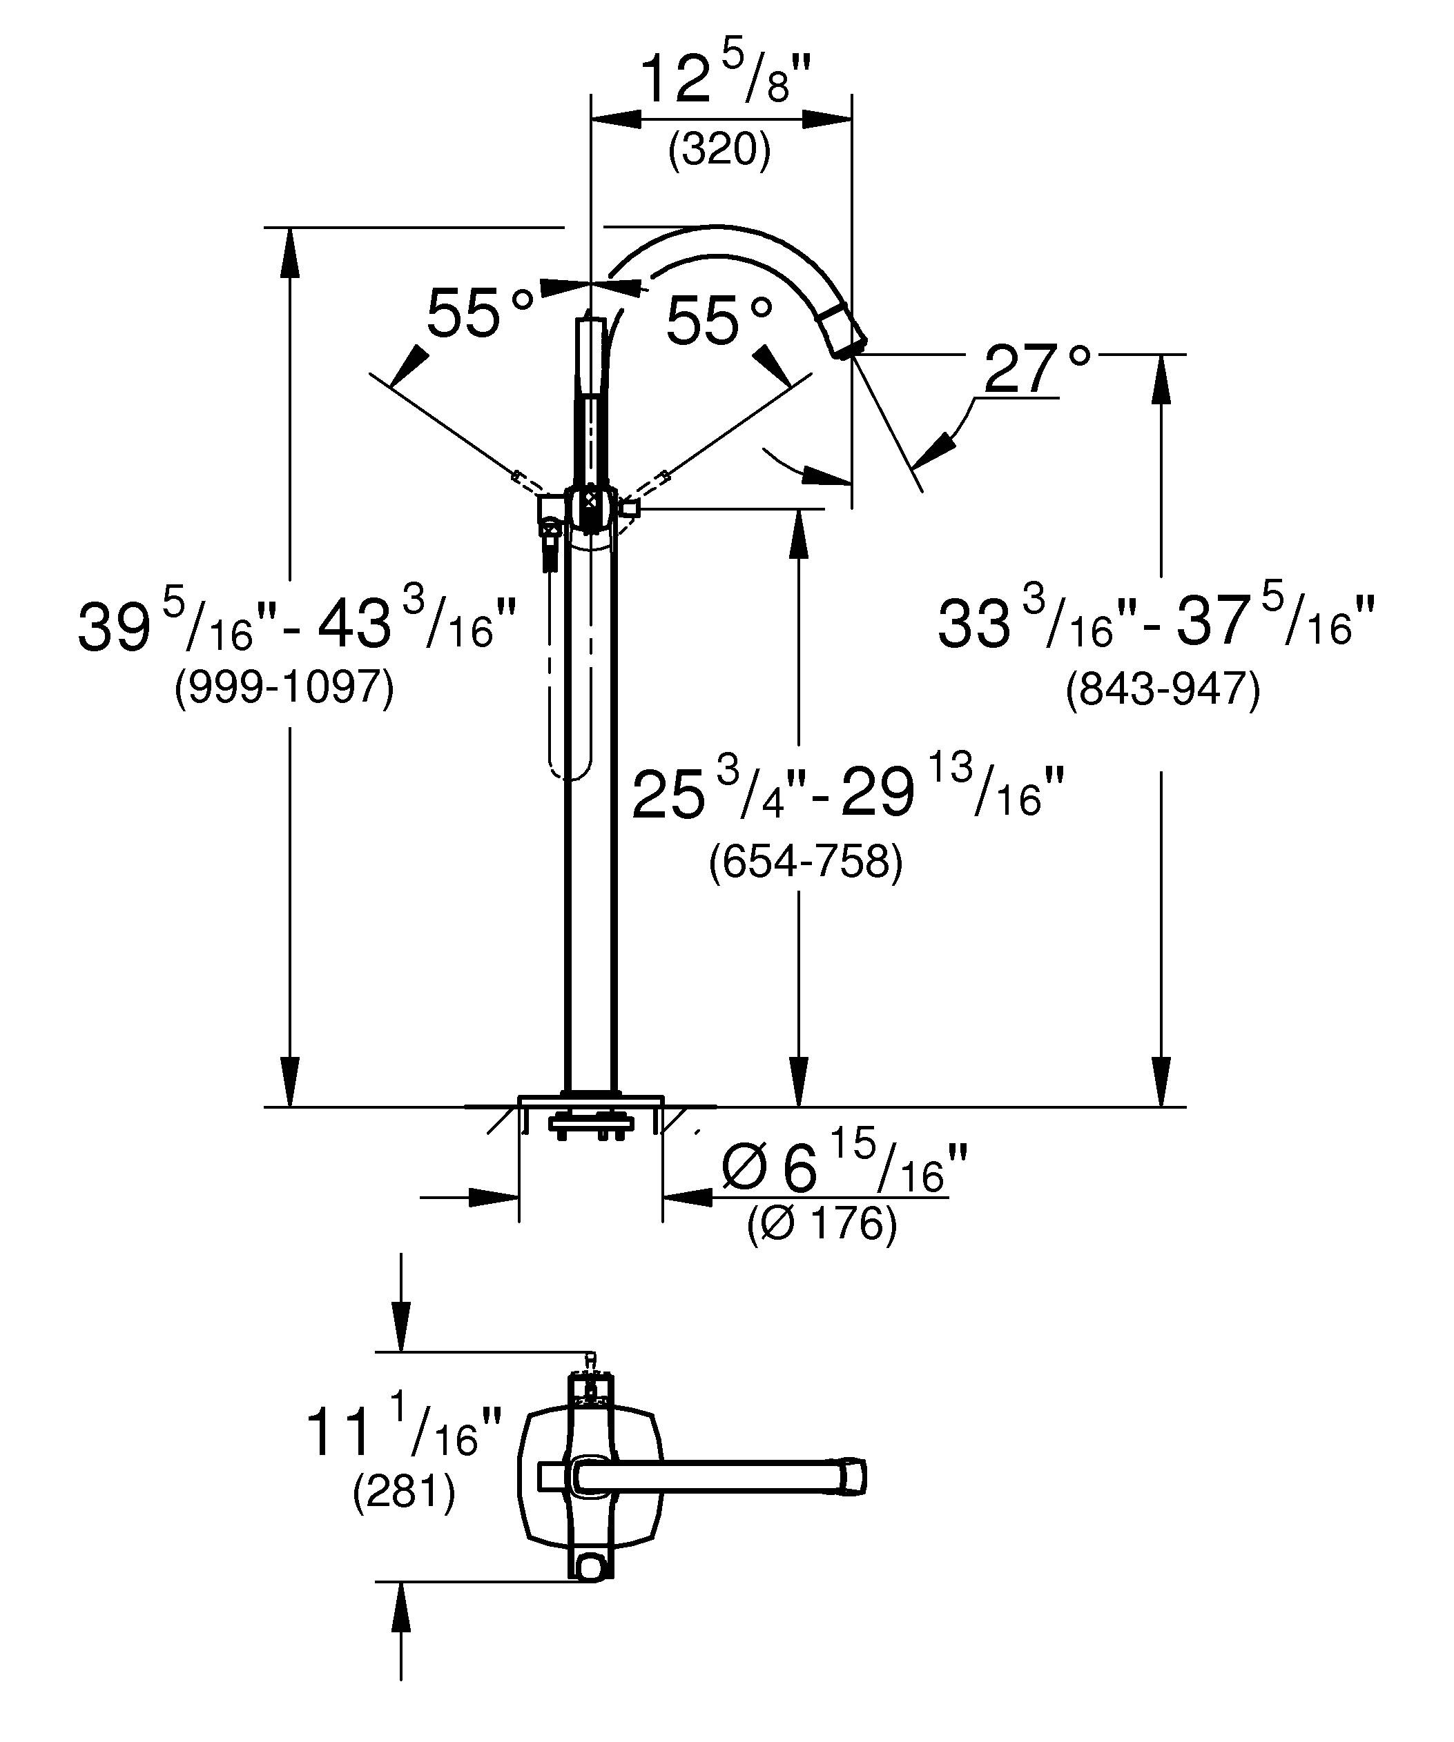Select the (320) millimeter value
[x=720, y=150]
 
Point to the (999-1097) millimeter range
[x=284, y=688]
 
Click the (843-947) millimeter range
[x=1163, y=689]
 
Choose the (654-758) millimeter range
[x=806, y=862]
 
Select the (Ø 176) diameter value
[x=822, y=1225]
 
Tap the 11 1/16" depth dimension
[x=404, y=1431]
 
